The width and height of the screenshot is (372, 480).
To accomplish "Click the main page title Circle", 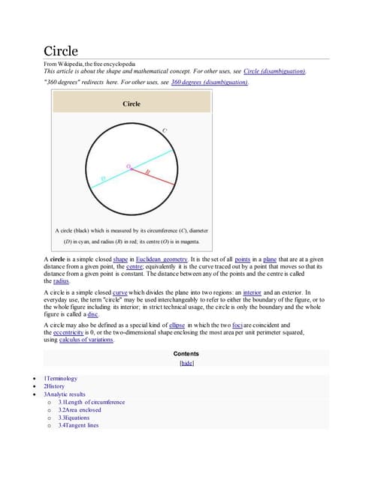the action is coord(59,51).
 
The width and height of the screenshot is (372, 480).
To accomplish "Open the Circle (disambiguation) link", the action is coord(274,70).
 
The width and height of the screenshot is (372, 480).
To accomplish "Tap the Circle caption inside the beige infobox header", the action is coord(132,103).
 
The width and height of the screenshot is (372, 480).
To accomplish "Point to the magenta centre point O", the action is coord(131,168).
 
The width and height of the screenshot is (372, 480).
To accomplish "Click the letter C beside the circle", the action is coord(165,130).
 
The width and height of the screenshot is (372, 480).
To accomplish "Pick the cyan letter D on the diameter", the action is coord(102,177).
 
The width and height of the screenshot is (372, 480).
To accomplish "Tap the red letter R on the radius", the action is coord(147,172).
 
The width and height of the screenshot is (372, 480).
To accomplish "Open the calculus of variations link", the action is coord(86,340).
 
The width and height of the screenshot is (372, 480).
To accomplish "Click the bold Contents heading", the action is coord(186,353).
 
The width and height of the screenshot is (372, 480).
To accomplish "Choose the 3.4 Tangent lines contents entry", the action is coord(78,425).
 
